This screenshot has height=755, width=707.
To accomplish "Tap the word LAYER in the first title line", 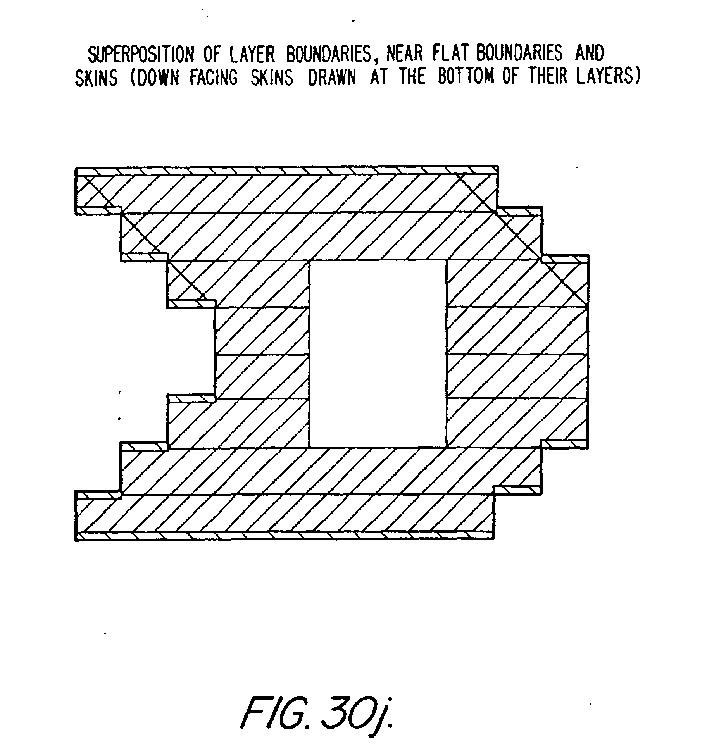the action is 252,55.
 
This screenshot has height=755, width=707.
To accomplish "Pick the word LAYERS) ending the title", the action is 607,76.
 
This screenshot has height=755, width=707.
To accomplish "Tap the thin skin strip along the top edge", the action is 287,171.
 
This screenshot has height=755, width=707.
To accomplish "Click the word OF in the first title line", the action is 213,55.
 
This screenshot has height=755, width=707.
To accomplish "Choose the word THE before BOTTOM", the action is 412,77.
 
